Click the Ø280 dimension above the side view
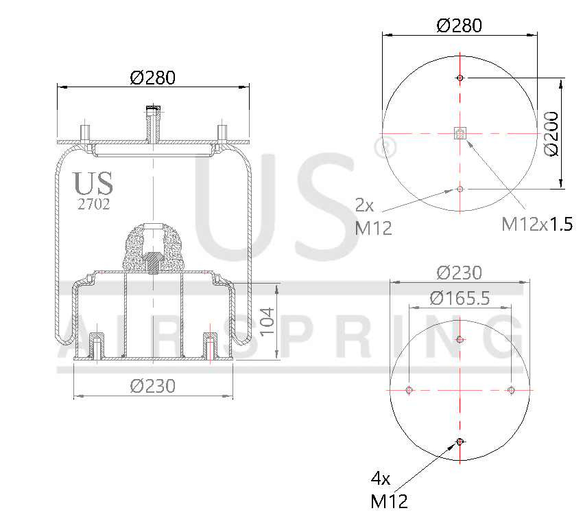(x=152, y=78)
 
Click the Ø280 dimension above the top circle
(x=459, y=25)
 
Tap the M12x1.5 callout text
(x=536, y=224)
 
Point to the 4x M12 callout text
(x=388, y=489)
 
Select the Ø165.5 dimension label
(x=459, y=298)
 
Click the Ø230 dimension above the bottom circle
(x=459, y=273)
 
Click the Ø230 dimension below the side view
(x=152, y=386)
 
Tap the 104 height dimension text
(x=267, y=321)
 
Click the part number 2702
(x=93, y=204)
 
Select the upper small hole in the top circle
(x=460, y=78)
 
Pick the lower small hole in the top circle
(x=460, y=188)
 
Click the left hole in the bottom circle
(x=409, y=390)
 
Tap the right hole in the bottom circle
(x=511, y=390)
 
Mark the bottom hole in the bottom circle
(x=460, y=442)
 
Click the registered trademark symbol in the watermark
(x=386, y=146)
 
